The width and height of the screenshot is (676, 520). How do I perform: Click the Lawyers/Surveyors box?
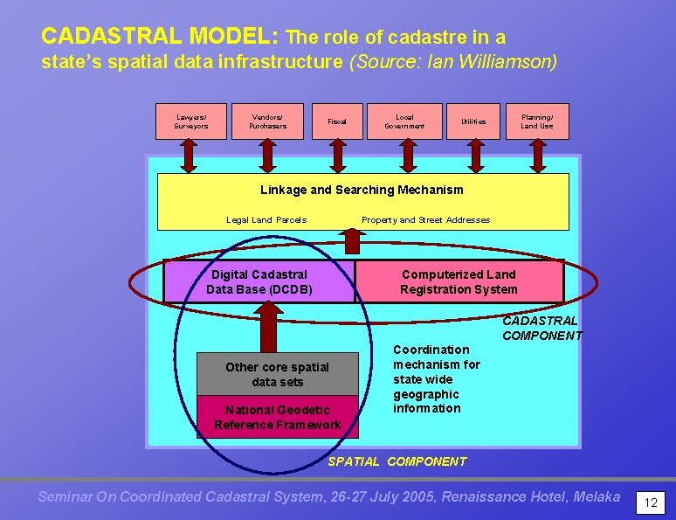click(x=191, y=121)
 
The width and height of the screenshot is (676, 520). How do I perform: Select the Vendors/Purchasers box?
click(x=266, y=121)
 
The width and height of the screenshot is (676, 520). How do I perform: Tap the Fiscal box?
click(x=336, y=121)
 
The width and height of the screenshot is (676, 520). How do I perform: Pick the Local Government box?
click(x=404, y=121)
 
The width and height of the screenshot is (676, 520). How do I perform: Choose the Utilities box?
click(x=473, y=121)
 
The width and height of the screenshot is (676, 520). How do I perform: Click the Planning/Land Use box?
click(x=537, y=121)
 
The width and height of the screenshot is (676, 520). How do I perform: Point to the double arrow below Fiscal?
click(x=337, y=156)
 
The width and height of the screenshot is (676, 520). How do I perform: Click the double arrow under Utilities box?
click(x=474, y=156)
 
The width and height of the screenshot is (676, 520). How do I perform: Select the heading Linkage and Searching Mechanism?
click(x=362, y=190)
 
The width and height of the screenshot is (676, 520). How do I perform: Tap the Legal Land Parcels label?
click(x=266, y=220)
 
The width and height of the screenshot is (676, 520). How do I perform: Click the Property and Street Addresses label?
click(x=425, y=220)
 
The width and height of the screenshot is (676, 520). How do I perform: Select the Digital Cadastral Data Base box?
click(x=259, y=281)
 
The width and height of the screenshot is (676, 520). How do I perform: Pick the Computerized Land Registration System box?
click(x=459, y=281)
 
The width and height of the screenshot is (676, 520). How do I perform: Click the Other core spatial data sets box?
click(x=277, y=374)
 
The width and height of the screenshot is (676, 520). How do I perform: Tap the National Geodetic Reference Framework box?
click(x=277, y=417)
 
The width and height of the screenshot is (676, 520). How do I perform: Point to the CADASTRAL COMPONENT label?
click(x=541, y=328)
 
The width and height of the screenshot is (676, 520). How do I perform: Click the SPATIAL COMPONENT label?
click(x=397, y=461)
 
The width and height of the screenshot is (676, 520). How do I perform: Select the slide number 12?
click(x=650, y=503)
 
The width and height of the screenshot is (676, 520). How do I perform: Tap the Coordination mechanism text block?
click(x=436, y=378)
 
